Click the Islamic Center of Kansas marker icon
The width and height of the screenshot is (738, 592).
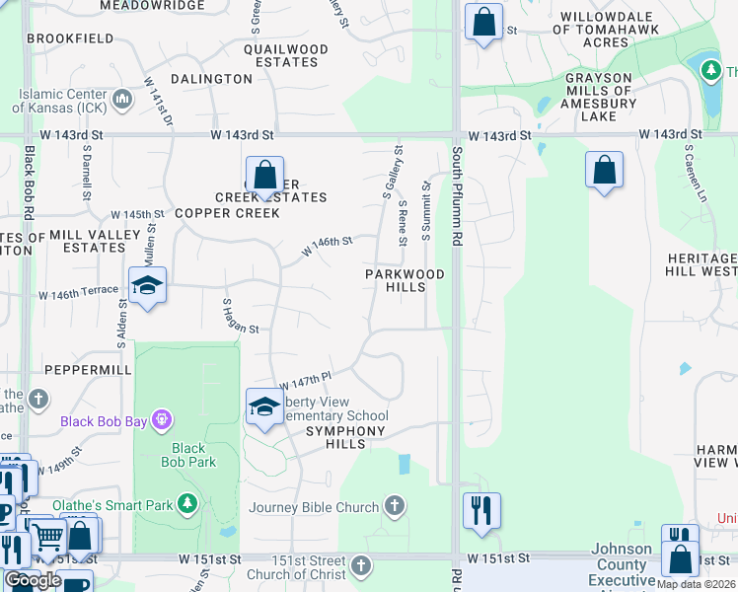tap(123, 99)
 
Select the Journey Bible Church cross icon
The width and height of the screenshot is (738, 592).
tap(395, 507)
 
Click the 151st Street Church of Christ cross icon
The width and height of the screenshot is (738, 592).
tap(361, 566)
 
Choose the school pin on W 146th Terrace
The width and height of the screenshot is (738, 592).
tap(147, 287)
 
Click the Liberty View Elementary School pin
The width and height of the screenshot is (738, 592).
tap(264, 407)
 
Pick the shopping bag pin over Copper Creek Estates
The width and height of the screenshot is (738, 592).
tap(264, 178)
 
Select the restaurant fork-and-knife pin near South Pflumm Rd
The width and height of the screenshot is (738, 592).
tap(481, 511)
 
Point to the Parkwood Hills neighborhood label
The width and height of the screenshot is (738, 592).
tap(405, 280)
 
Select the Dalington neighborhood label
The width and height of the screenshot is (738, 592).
tap(211, 79)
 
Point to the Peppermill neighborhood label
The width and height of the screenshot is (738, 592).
tap(88, 369)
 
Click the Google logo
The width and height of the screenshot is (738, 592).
tap(33, 580)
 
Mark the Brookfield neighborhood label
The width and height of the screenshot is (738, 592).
tap(71, 38)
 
